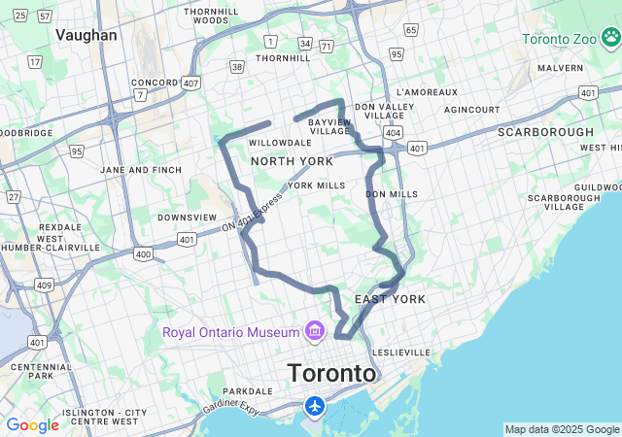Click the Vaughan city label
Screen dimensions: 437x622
pyautogui.click(x=86, y=35)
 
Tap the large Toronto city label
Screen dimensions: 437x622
pyautogui.click(x=331, y=373)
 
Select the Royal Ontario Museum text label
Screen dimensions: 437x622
pyautogui.click(x=231, y=332)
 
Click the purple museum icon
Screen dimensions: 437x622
pyautogui.click(x=314, y=332)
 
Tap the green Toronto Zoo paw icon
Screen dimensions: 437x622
pyautogui.click(x=611, y=40)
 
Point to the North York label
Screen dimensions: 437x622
pyautogui.click(x=292, y=161)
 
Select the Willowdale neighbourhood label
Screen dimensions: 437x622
pyautogui.click(x=279, y=143)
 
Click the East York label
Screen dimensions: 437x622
pyautogui.click(x=390, y=299)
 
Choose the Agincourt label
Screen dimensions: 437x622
pyautogui.click(x=472, y=110)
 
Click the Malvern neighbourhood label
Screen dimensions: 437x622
pyautogui.click(x=560, y=69)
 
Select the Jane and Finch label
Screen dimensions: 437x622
pyautogui.click(x=141, y=170)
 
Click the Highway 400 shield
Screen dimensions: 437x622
pyautogui.click(x=143, y=254)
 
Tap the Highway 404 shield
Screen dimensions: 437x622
pyautogui.click(x=392, y=130)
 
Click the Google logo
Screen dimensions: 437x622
pyautogui.click(x=32, y=425)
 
